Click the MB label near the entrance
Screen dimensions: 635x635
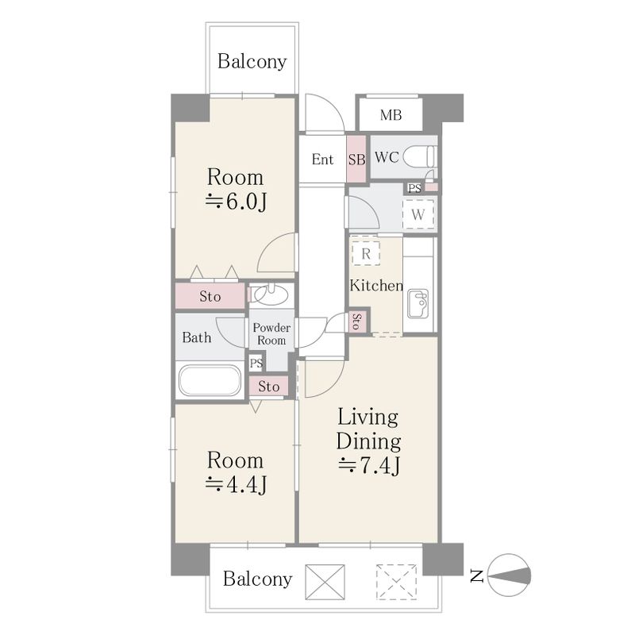(x=391, y=115)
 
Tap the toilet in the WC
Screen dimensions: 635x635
(x=420, y=156)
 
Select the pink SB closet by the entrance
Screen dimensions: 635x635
(x=356, y=159)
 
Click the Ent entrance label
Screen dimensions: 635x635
(x=322, y=160)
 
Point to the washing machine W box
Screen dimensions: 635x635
(x=418, y=214)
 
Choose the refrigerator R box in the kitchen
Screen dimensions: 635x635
(x=366, y=253)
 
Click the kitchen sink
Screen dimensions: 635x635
(x=418, y=304)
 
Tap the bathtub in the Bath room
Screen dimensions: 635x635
(x=210, y=380)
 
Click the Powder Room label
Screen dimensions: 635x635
(x=271, y=334)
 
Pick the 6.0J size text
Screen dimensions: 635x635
(x=236, y=202)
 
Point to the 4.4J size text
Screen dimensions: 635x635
(x=236, y=484)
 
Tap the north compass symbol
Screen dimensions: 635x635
(x=509, y=575)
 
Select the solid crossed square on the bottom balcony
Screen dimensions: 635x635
(x=325, y=582)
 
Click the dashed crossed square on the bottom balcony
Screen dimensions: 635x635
(x=396, y=582)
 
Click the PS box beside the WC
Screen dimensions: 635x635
(x=414, y=188)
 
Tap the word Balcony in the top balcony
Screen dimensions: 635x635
(x=252, y=62)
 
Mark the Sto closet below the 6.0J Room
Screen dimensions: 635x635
(x=210, y=296)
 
